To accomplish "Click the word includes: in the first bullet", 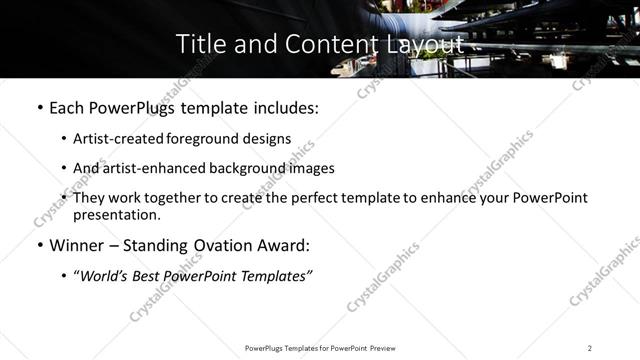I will (x=282, y=108).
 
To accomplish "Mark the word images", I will (x=311, y=168).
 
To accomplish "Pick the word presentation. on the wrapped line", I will (x=117, y=214).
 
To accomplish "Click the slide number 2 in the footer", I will (x=590, y=347).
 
